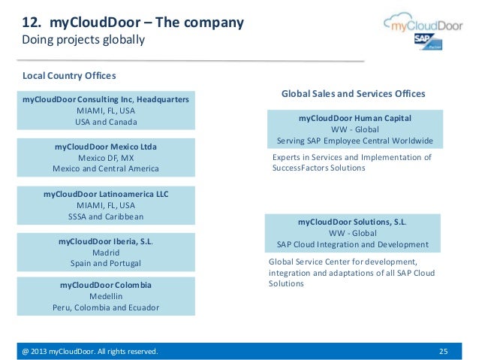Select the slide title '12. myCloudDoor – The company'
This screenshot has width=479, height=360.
pyautogui.click(x=132, y=23)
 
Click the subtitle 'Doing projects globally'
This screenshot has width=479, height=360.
pyautogui.click(x=83, y=39)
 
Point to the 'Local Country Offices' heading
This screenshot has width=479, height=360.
pyautogui.click(x=69, y=76)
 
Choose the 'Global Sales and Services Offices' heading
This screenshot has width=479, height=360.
pyautogui.click(x=353, y=94)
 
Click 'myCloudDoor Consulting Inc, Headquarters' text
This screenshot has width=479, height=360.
pyautogui.click(x=106, y=99)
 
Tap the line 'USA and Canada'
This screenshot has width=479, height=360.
pyautogui.click(x=106, y=122)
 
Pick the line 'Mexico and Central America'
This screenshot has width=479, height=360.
pyautogui.click(x=106, y=168)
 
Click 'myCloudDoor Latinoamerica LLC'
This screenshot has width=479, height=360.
pyautogui.click(x=106, y=193)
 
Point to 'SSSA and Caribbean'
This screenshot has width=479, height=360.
pyautogui.click(x=106, y=216)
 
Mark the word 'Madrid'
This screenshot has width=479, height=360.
pyautogui.click(x=106, y=253)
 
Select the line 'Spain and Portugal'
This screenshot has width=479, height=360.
pyautogui.click(x=106, y=264)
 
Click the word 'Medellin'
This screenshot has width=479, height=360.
pyautogui.click(x=106, y=296)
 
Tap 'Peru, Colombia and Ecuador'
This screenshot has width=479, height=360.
pyautogui.click(x=106, y=307)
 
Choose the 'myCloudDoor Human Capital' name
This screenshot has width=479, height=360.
pyautogui.click(x=354, y=118)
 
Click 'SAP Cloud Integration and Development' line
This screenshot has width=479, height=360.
pyautogui.click(x=353, y=244)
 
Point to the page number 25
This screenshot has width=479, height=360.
pyautogui.click(x=442, y=351)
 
